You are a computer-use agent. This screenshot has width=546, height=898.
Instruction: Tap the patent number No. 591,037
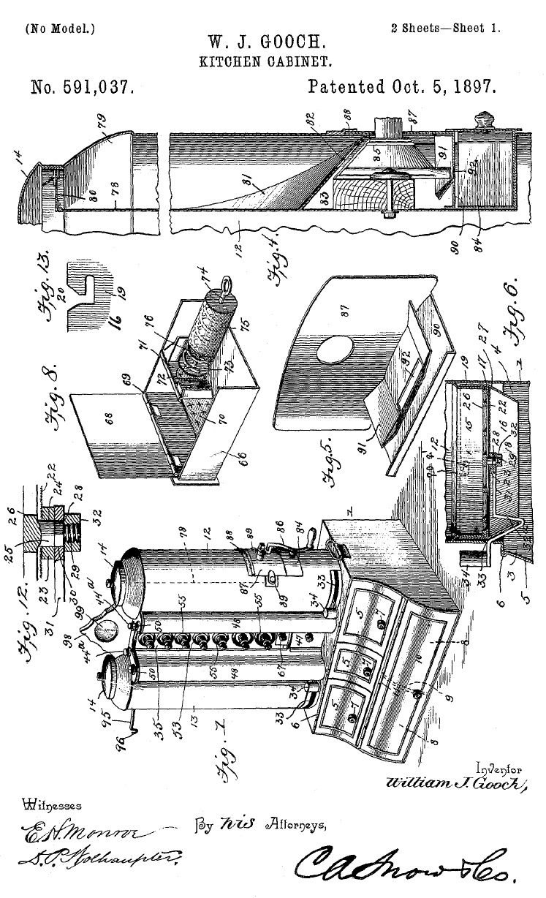82,88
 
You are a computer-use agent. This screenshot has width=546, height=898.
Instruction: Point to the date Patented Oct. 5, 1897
402,88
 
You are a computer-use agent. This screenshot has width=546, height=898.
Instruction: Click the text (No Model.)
60,29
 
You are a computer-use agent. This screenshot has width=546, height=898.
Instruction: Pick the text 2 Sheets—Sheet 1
446,29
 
